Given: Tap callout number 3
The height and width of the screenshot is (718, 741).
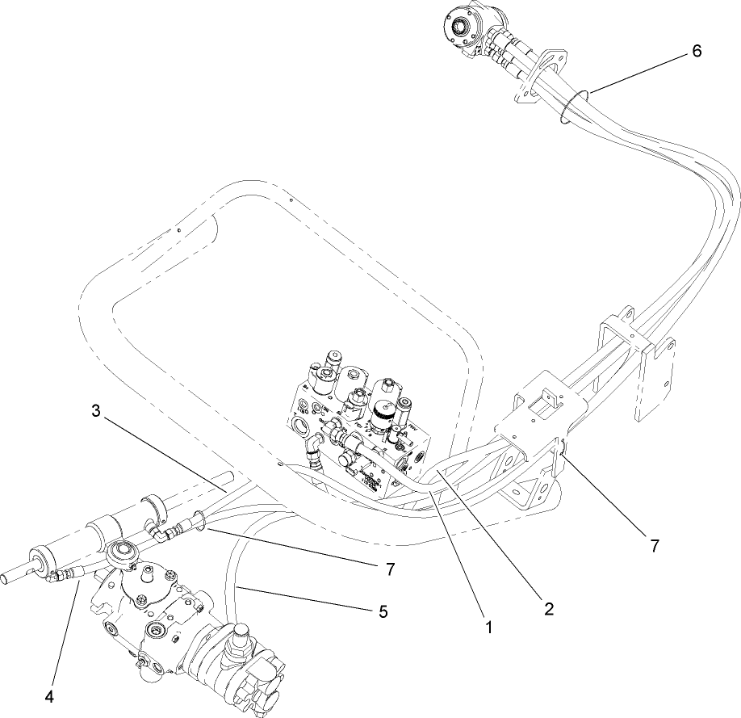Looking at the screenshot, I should coord(95,411).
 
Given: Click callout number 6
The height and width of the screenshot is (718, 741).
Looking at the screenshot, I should coord(696,51).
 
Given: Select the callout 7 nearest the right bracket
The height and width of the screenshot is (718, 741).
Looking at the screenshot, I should coord(654,546).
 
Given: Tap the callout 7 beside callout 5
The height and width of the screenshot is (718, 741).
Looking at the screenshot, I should coord(389,569).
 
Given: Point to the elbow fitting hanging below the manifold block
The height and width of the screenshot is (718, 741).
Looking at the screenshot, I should coord(313,452).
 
